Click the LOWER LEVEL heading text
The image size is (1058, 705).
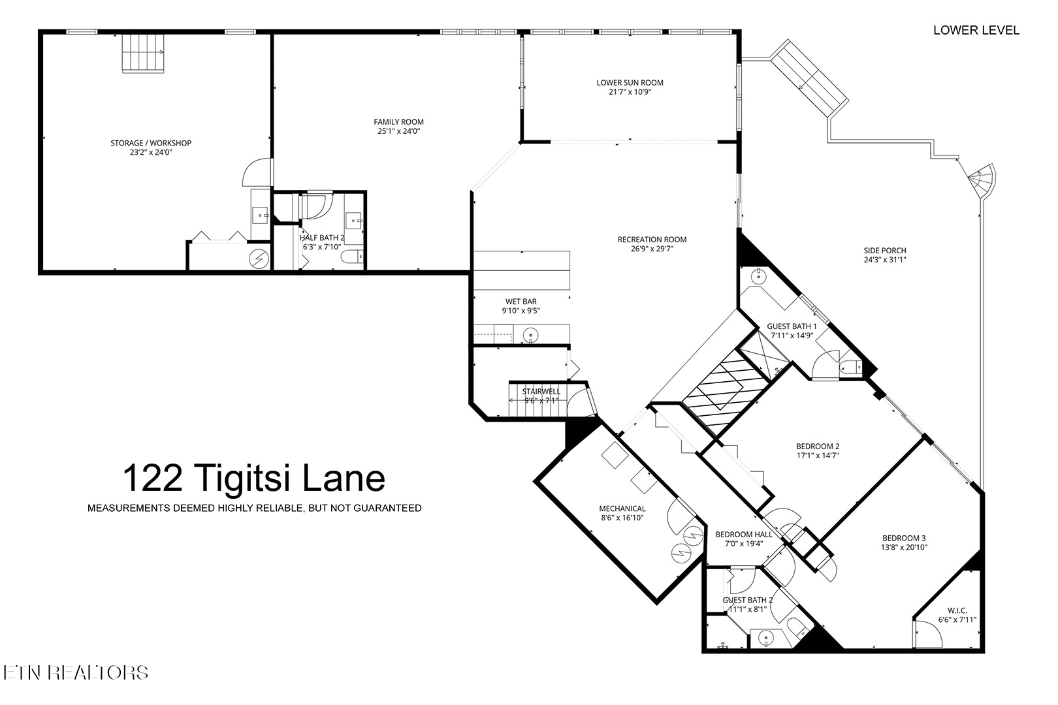click(x=976, y=30)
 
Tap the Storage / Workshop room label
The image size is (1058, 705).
click(x=151, y=143)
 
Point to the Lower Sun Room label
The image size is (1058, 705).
click(x=630, y=83)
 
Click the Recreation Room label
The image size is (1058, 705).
click(x=652, y=240)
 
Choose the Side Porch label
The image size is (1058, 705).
click(x=884, y=251)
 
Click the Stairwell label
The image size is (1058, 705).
click(x=541, y=392)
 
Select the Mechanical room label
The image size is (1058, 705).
click(x=622, y=509)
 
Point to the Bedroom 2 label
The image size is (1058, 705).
click(x=817, y=446)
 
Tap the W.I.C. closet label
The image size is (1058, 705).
click(x=957, y=610)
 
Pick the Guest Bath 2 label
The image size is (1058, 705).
click(x=747, y=600)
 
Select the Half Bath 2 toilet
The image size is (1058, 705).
click(x=351, y=257)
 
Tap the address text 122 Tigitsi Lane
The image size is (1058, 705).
click(x=254, y=478)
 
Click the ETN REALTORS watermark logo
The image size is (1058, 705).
click(x=75, y=672)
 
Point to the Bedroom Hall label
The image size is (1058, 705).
click(x=743, y=534)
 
